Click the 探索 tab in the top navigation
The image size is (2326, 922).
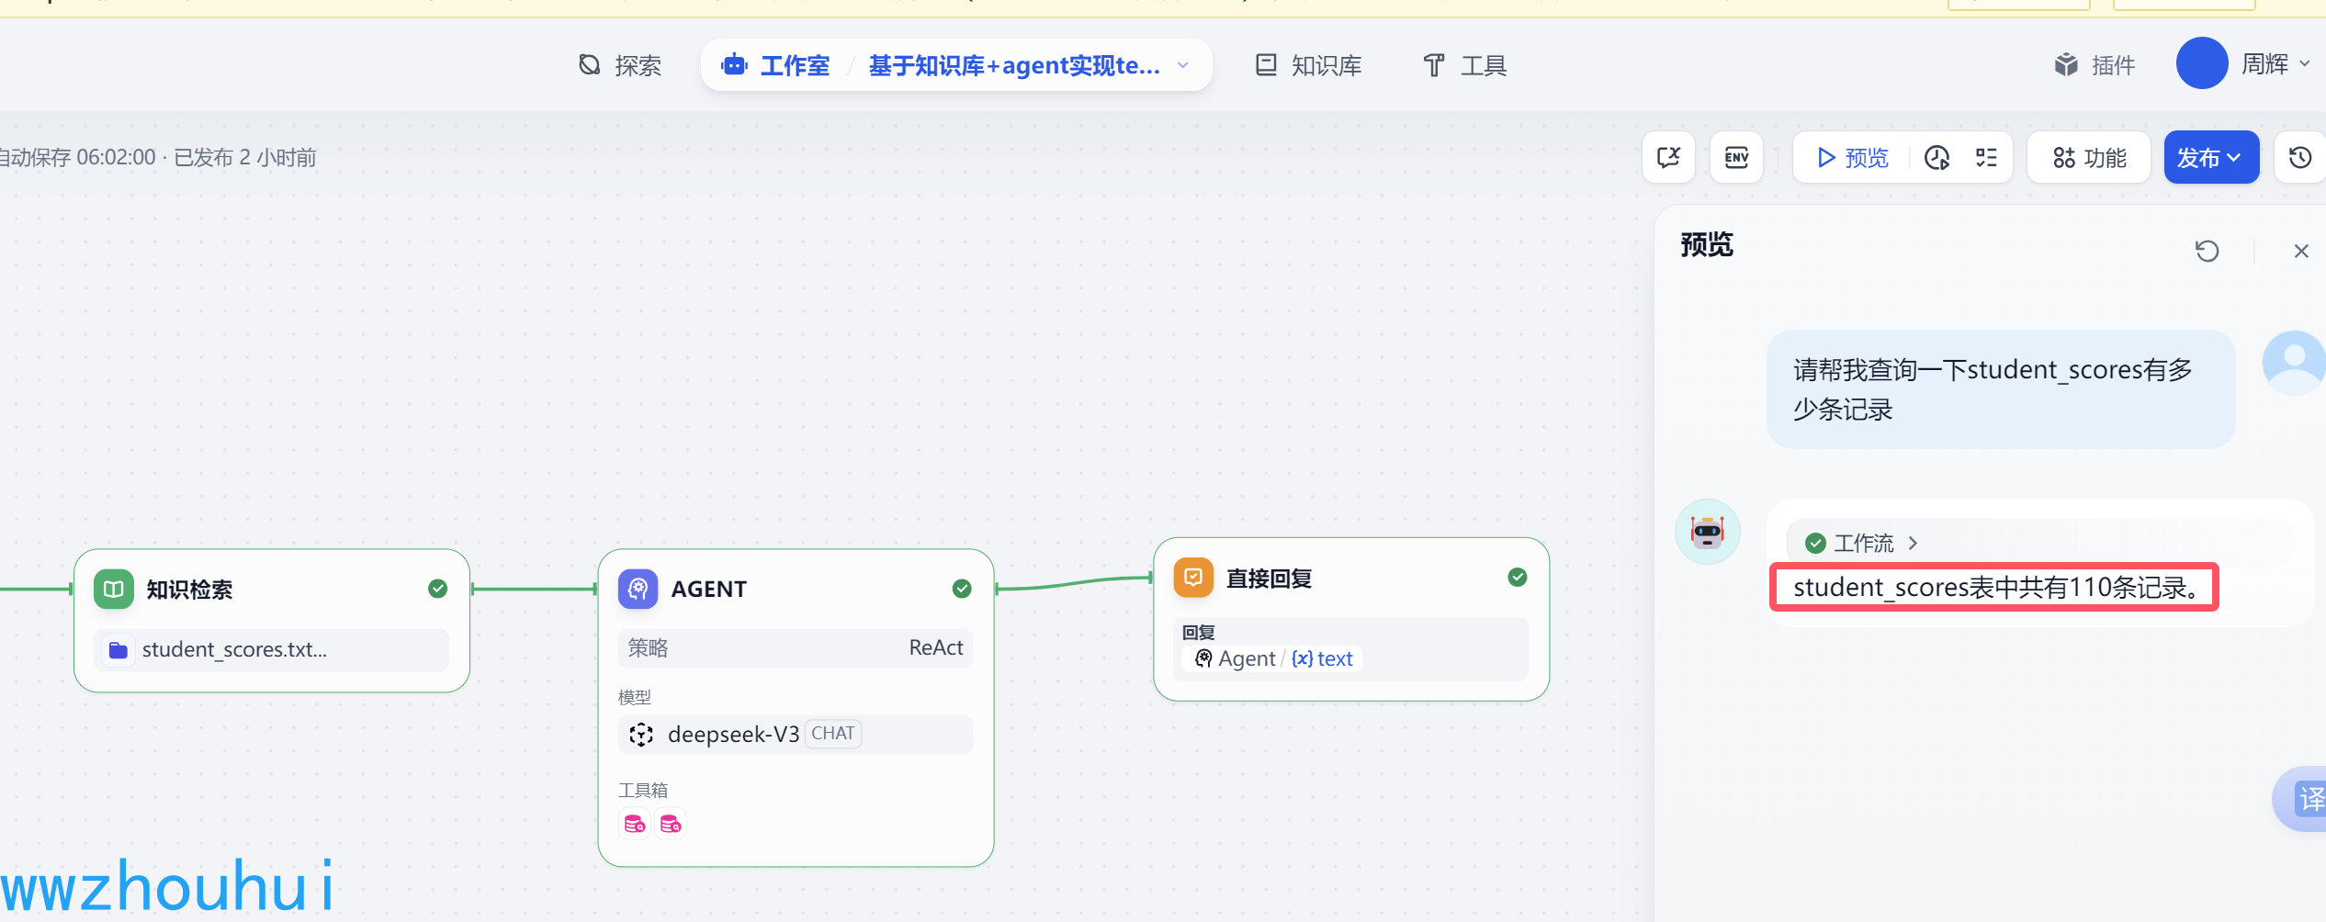[620, 65]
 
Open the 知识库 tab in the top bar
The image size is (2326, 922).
[1308, 65]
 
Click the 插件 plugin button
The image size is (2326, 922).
[2095, 65]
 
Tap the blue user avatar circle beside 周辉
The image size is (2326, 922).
[2201, 63]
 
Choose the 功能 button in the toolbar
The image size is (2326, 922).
[2089, 158]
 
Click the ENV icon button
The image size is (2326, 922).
[1736, 158]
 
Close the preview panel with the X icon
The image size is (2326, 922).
[2300, 251]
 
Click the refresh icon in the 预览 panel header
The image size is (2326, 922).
[2207, 251]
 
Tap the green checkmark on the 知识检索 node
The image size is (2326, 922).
[438, 589]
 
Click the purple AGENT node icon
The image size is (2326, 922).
[638, 589]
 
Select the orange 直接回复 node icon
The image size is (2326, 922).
[1193, 578]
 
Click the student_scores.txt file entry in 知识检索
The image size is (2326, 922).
[234, 650]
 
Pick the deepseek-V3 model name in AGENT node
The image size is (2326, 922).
[733, 735]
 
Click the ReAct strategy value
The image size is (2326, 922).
[935, 648]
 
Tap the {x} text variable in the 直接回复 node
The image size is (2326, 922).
[1321, 658]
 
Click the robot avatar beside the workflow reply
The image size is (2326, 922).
[1707, 532]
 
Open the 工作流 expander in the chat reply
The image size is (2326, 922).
[1863, 543]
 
